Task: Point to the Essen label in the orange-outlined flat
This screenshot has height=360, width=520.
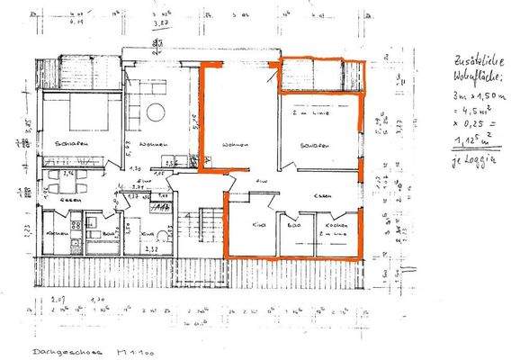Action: (323, 195)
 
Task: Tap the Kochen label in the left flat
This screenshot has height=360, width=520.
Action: (51, 234)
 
